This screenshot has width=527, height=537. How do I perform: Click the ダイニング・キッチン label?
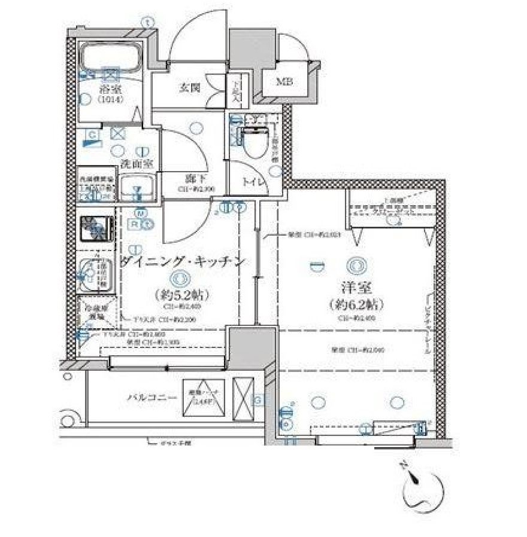coord(183,261)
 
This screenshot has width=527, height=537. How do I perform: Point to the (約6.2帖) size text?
coord(356,304)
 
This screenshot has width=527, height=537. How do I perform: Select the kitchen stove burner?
coord(96,228)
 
